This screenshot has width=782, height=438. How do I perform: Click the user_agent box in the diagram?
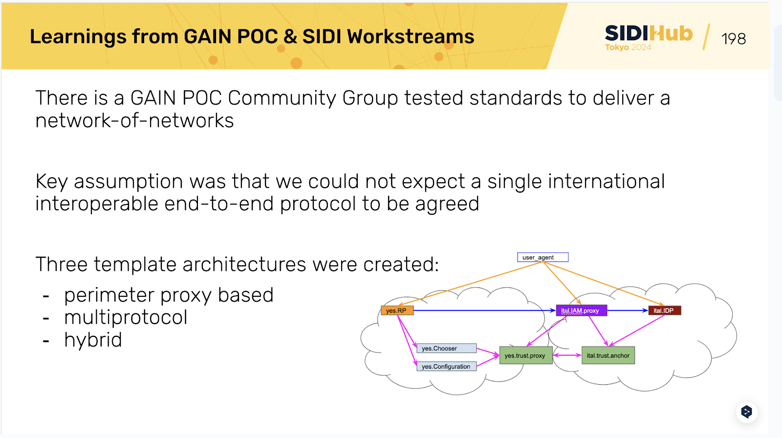click(x=543, y=257)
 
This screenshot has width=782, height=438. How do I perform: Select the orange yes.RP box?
click(x=396, y=310)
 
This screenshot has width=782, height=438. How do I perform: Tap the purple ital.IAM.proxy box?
click(x=581, y=310)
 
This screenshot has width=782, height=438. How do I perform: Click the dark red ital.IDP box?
click(x=664, y=310)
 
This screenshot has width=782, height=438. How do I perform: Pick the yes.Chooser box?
click(x=446, y=349)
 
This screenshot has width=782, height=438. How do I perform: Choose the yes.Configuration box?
click(x=446, y=367)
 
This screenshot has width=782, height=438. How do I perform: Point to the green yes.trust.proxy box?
click(x=525, y=355)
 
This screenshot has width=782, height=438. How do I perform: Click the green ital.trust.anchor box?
click(x=608, y=355)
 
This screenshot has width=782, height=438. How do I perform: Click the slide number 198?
click(x=733, y=39)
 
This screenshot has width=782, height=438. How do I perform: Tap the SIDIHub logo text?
click(x=649, y=33)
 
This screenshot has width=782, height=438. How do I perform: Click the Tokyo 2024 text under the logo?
click(x=628, y=47)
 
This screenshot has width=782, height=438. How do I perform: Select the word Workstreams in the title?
click(x=411, y=37)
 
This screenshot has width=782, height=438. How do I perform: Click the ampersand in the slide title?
click(x=290, y=37)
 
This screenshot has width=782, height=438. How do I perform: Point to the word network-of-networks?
click(x=134, y=121)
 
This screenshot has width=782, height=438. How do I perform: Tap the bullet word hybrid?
click(x=93, y=340)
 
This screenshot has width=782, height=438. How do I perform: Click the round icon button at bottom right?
click(x=746, y=412)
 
